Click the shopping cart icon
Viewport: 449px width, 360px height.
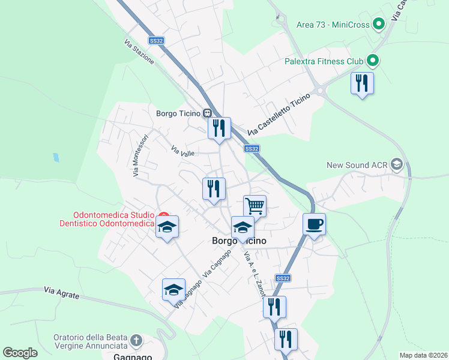(255, 206)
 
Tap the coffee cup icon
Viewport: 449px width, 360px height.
(314, 224)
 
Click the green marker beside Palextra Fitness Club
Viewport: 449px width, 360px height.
(372, 61)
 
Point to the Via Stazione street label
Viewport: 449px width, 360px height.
(139, 52)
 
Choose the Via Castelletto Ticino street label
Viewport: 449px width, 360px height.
(280, 114)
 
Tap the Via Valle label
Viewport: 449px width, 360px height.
(182, 153)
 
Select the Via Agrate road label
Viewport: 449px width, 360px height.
(61, 291)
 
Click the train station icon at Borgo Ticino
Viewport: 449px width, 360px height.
(207, 113)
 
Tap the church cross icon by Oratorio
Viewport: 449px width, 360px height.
(136, 341)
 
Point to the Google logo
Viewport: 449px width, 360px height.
(20, 353)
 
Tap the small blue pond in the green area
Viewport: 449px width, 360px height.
(56, 158)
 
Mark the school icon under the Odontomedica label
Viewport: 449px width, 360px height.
(167, 227)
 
